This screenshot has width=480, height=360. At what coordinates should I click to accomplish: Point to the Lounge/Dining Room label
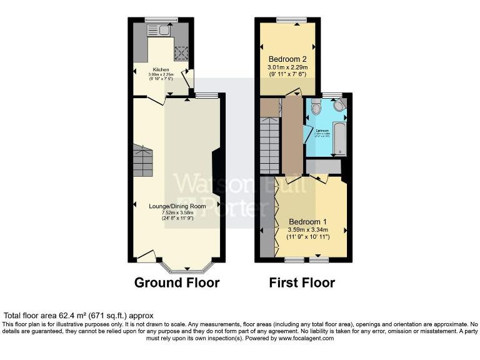coord(177,206)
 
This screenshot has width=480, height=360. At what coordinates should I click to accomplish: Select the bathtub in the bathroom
coord(339,138)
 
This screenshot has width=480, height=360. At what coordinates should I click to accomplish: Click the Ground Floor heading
coord(177,282)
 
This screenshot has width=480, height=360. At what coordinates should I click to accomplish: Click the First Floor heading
coord(302,282)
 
